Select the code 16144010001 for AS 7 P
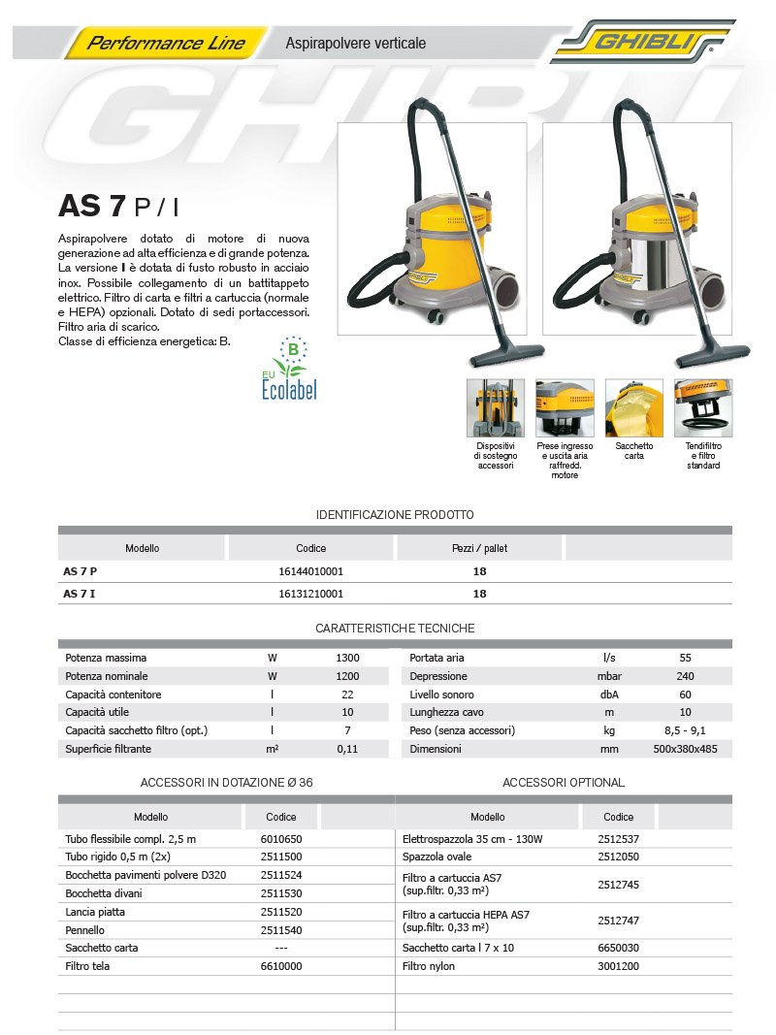[310, 571]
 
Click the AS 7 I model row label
[80, 594]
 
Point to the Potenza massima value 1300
[347, 658]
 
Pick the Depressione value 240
[685, 676]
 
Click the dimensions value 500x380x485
[685, 749]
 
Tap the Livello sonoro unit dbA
[609, 695]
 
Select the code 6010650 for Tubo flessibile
[281, 839]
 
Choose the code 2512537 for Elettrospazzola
[618, 839]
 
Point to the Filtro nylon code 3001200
[618, 966]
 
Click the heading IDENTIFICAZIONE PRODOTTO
[395, 515]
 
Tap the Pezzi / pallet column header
[479, 548]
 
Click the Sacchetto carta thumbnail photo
[633, 407]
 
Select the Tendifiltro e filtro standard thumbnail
[703, 407]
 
